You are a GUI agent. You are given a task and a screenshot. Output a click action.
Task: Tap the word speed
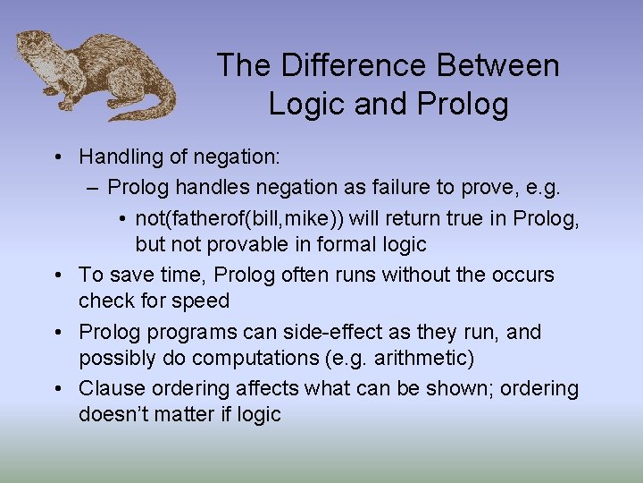pyautogui.click(x=202, y=301)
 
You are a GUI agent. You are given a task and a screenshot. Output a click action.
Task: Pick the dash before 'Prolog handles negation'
pyautogui.click(x=93, y=188)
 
